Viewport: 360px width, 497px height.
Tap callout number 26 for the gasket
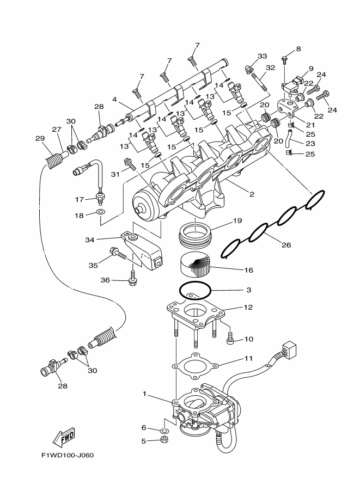(286, 245)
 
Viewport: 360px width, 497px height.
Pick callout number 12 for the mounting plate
(248, 308)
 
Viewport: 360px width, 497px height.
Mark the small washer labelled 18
(100, 210)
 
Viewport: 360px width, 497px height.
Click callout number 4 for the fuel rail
(114, 99)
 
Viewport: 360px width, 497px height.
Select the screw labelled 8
(285, 58)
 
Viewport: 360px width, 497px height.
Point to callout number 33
(263, 57)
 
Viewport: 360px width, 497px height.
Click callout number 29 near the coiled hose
(40, 138)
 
